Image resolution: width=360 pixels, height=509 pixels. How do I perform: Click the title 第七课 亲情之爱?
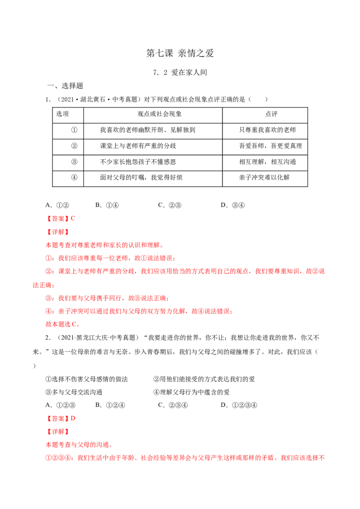coord(180,53)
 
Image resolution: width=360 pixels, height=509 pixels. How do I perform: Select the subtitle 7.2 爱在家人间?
coord(180,72)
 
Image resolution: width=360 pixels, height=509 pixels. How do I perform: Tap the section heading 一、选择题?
coord(65,86)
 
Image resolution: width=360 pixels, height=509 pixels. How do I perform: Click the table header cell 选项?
coord(63,114)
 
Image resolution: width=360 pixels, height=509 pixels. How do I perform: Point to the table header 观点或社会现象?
coord(160,114)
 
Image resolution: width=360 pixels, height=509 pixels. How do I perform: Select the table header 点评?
coord(271,114)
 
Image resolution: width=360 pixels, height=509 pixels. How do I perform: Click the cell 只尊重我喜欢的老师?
coord(267,130)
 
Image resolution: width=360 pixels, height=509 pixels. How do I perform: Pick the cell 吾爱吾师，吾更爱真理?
coord(270,146)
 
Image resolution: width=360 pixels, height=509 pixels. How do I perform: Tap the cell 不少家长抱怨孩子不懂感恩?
coord(138,162)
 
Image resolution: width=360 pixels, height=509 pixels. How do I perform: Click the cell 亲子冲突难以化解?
coord(264,177)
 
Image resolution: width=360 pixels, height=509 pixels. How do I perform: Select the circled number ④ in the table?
coord(74,177)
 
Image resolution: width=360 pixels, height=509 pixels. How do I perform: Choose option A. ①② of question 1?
coord(57,205)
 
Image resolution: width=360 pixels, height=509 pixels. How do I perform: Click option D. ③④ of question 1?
coord(233,205)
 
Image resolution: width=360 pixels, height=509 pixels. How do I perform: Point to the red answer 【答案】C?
coord(60,219)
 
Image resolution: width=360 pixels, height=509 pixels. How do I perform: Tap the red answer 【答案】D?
coord(60,419)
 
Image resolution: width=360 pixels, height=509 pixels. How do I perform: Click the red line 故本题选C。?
coord(63,324)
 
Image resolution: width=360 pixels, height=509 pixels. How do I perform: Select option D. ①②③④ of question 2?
coord(239,405)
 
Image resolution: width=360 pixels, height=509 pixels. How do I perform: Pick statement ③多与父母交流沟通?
coord(74,392)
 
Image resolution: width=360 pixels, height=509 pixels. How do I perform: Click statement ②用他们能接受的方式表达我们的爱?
coord(204,379)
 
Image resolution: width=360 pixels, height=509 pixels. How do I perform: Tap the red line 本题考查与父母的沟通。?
coord(79,445)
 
